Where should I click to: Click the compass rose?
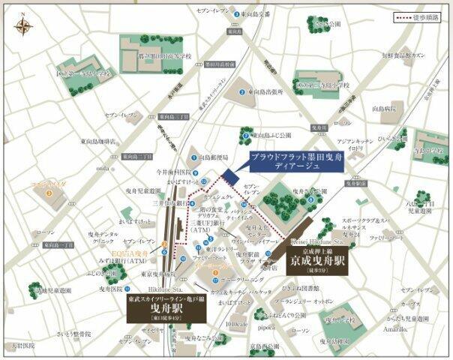click(x=22, y=27)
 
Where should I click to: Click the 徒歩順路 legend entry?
click(x=419, y=16)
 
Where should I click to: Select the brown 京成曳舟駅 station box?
click(x=318, y=264)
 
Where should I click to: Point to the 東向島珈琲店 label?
click(x=97, y=141)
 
